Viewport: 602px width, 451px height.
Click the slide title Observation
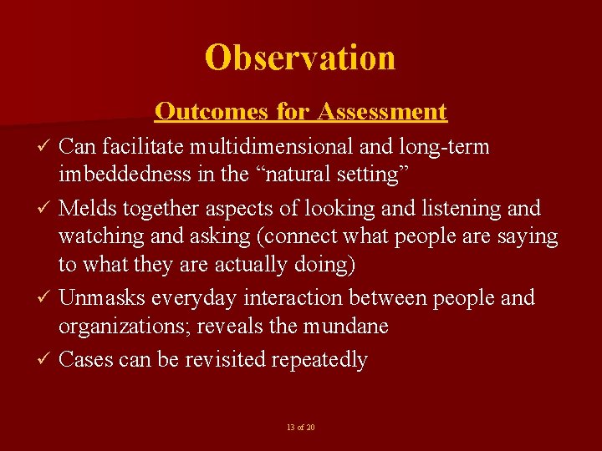tap(300, 58)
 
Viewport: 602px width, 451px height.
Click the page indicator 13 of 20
tap(300, 428)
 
